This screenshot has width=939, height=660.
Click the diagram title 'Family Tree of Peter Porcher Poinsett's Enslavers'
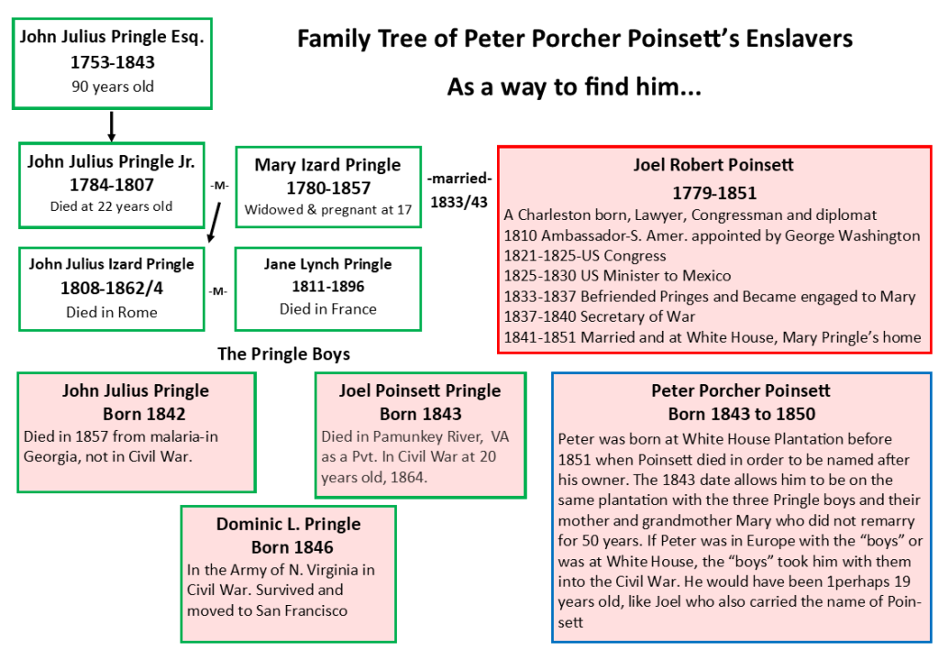pos(575,40)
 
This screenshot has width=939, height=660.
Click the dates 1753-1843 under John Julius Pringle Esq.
pos(112,63)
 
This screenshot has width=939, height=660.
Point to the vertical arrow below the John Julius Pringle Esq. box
pos(110,124)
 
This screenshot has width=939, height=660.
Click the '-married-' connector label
pos(459,179)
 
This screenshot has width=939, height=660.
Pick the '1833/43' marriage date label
pos(459,202)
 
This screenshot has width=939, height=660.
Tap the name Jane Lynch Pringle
pos(327,264)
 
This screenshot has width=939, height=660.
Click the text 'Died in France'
pos(327,309)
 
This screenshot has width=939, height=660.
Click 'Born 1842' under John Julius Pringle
pos(136,412)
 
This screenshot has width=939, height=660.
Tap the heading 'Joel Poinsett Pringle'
pos(420,391)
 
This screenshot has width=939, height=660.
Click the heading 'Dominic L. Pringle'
pos(288,524)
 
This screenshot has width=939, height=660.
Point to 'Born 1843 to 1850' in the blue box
pos(742,413)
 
